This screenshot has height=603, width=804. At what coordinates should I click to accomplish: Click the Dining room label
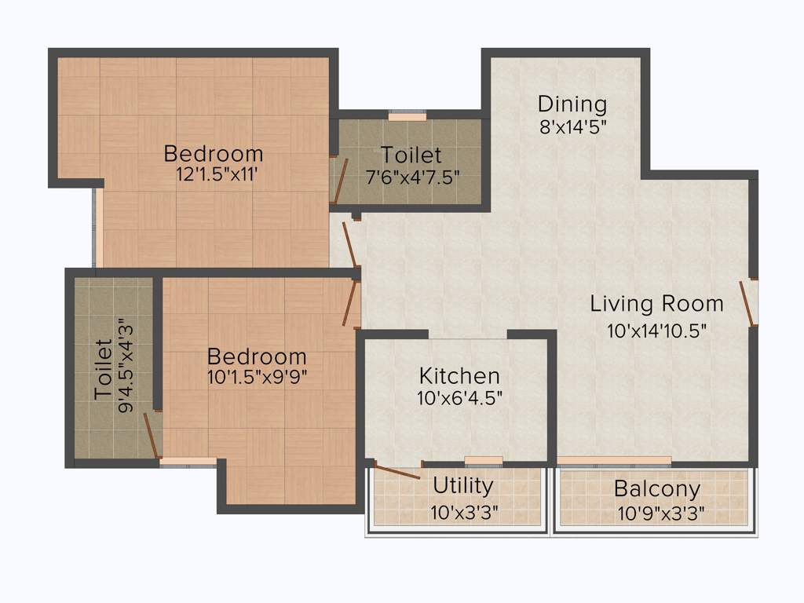(572, 104)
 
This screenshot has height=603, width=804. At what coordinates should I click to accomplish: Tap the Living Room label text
(656, 303)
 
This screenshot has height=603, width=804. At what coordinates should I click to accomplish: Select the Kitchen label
(459, 375)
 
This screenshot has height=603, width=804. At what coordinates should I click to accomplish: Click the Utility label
(463, 486)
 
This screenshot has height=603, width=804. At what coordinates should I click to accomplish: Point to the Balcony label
(657, 489)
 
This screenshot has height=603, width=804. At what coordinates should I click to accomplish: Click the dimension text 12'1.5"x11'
(213, 175)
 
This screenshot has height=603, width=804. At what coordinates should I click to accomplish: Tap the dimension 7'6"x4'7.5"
(412, 177)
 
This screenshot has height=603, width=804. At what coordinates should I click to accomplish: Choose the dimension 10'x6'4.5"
(459, 398)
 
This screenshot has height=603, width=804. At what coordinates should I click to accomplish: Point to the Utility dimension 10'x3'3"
(463, 513)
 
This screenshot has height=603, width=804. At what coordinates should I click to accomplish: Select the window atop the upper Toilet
(407, 116)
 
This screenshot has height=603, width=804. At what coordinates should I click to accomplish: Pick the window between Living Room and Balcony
(614, 461)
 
